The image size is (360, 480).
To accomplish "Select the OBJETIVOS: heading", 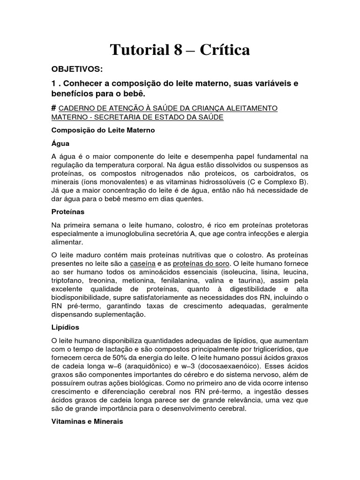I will point(76,70).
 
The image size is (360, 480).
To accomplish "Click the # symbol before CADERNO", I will point(54,108).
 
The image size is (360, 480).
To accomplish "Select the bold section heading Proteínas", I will point(67,212).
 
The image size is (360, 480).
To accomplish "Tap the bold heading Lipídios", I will point(65,327).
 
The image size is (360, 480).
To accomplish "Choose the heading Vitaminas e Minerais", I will point(87,421).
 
